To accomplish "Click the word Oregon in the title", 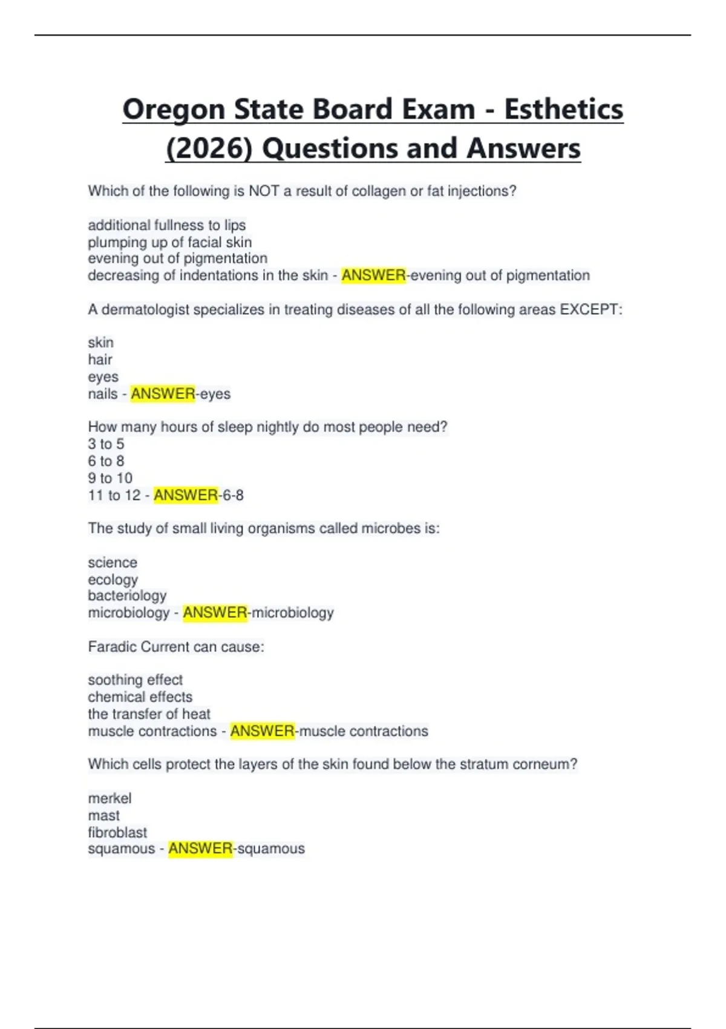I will (174, 110).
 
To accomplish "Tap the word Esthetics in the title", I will (563, 110).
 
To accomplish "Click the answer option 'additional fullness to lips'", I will (166, 225).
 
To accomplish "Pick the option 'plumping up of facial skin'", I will (169, 242).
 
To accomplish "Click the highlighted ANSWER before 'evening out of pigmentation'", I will (373, 275).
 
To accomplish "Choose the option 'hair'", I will (100, 360).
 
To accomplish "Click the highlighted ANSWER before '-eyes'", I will (163, 394).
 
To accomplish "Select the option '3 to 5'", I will (106, 444).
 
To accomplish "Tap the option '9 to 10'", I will (110, 478).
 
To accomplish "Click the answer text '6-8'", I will (233, 495).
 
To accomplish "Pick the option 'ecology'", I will (113, 579).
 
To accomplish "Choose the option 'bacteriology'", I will (127, 596).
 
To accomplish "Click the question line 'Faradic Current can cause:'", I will (175, 647).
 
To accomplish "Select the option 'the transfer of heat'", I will (149, 714).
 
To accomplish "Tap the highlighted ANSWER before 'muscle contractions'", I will (262, 731).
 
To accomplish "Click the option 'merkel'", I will (110, 798).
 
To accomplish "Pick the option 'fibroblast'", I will (117, 832).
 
